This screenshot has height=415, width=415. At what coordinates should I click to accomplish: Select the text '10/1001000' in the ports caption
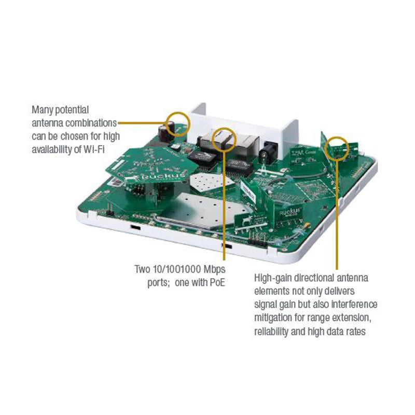(x=171, y=270)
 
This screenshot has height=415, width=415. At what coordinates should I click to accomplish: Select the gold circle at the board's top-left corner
(x=177, y=123)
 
